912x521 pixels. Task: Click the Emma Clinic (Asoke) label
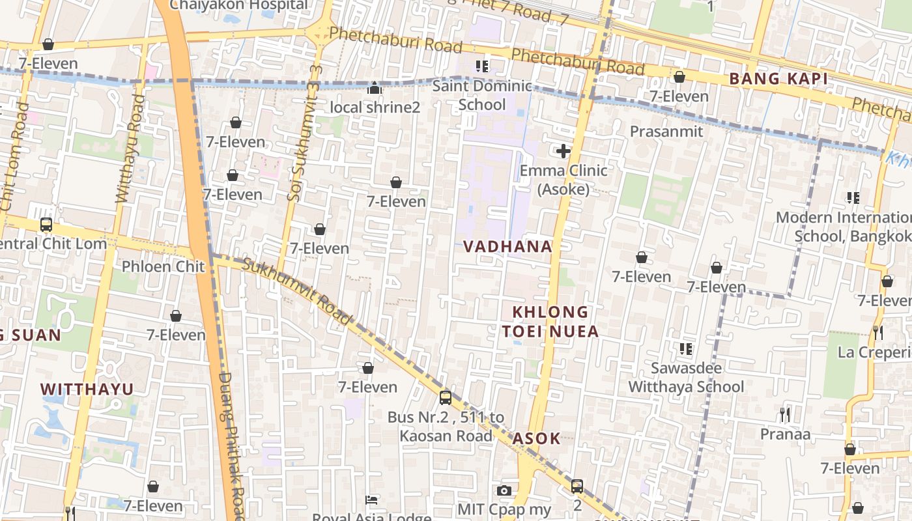pyautogui.click(x=563, y=180)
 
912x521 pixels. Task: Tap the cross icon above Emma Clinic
pyautogui.click(x=563, y=152)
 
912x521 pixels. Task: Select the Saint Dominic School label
pyautogui.click(x=482, y=95)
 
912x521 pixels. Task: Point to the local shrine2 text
pyautogui.click(x=375, y=107)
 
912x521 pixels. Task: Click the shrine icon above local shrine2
pyautogui.click(x=375, y=87)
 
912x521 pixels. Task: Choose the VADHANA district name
pyautogui.click(x=507, y=247)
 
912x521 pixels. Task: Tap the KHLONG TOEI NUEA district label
pyautogui.click(x=550, y=322)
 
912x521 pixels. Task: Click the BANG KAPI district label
pyautogui.click(x=778, y=79)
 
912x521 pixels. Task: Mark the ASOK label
pyautogui.click(x=536, y=438)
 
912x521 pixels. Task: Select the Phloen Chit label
pyautogui.click(x=163, y=266)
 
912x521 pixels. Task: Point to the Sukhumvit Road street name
pyautogui.click(x=297, y=290)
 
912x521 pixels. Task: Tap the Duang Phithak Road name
pyautogui.click(x=231, y=443)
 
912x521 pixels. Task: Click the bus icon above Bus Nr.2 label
pyautogui.click(x=446, y=397)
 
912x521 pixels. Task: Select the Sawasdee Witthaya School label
pyautogui.click(x=685, y=377)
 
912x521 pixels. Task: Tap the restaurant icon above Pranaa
pyautogui.click(x=785, y=414)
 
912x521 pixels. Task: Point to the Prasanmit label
pyautogui.click(x=666, y=132)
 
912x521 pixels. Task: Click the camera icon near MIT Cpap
pyautogui.click(x=504, y=490)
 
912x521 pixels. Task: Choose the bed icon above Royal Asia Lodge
pyautogui.click(x=371, y=500)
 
